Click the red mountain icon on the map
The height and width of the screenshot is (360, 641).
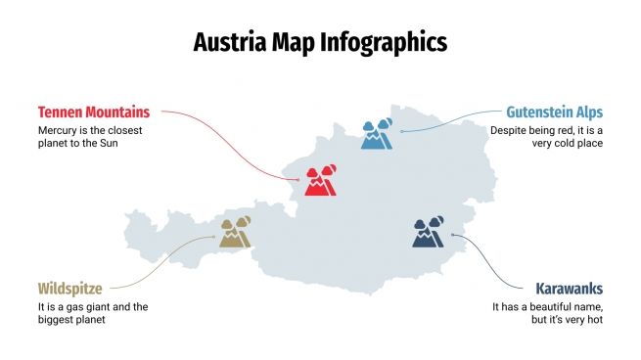320,181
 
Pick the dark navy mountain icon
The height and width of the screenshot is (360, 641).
428,233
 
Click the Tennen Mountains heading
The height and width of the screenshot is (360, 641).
94,112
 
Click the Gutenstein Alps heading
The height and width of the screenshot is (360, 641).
554,112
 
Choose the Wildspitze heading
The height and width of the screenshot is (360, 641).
69,289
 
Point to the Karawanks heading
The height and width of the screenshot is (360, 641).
569,289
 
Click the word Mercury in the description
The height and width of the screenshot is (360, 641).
59,130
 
